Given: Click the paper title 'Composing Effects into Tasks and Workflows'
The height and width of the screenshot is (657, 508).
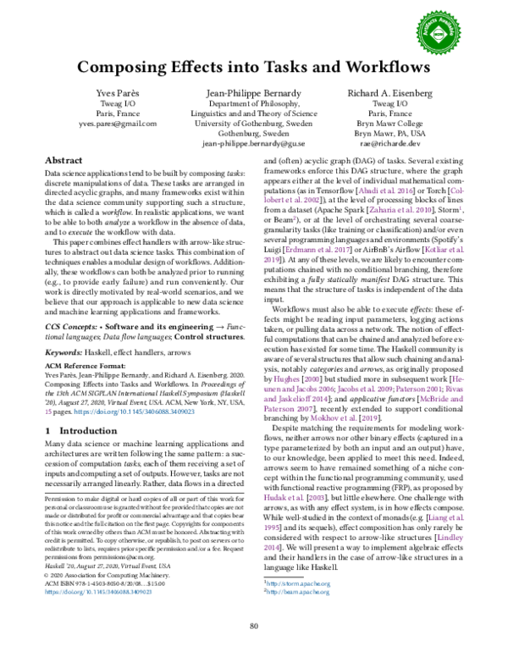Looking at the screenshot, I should (x=254, y=67).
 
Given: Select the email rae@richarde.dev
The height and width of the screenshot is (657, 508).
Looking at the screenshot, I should (x=390, y=145).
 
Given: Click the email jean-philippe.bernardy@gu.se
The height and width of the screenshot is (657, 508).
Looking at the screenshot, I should (x=254, y=145).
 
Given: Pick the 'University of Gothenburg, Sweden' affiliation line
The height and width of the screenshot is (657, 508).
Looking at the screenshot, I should (x=254, y=123).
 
